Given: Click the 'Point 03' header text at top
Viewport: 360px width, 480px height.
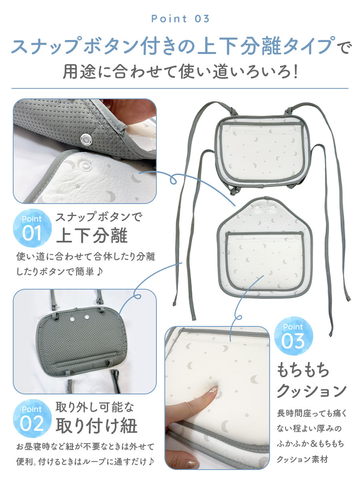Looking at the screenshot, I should pyautogui.click(x=180, y=19).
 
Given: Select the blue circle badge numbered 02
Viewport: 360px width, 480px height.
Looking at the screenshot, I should pyautogui.click(x=32, y=419).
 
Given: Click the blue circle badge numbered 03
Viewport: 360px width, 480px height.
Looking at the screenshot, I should pyautogui.click(x=293, y=336).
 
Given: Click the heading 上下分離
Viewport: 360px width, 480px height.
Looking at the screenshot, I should pyautogui.click(x=92, y=236).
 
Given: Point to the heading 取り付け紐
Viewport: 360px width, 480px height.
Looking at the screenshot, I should pyautogui.click(x=96, y=426).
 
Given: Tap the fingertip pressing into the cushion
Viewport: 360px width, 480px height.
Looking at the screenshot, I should pyautogui.click(x=210, y=394).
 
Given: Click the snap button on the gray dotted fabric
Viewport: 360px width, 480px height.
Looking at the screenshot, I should pyautogui.click(x=86, y=139).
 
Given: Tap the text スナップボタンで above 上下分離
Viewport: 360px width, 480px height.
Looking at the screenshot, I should pyautogui.click(x=98, y=217).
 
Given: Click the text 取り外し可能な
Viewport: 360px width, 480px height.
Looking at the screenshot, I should pyautogui.click(x=94, y=408).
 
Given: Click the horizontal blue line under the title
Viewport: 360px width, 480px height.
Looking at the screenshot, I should pyautogui.click(x=180, y=88).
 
